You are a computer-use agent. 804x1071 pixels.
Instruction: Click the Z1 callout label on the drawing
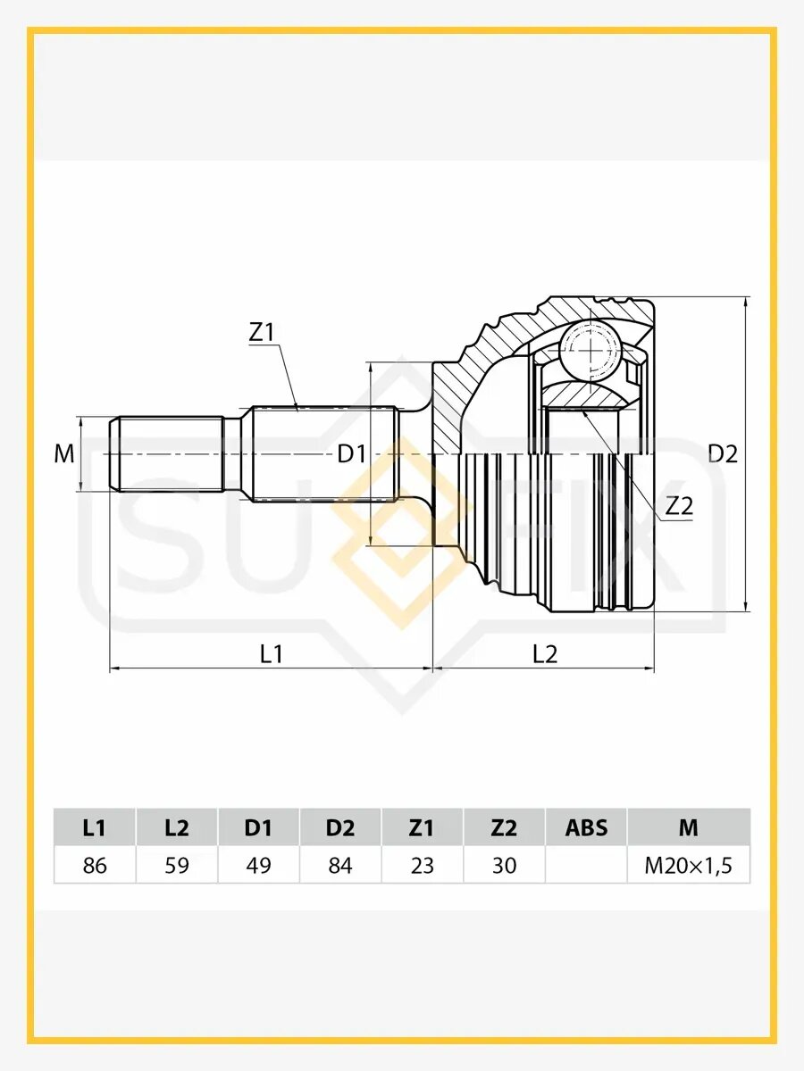[x=262, y=332]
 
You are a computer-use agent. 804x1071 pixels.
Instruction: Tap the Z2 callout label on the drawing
[x=680, y=506]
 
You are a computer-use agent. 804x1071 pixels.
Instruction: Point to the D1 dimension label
[x=351, y=455]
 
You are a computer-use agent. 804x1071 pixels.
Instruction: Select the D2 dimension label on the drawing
[x=723, y=454]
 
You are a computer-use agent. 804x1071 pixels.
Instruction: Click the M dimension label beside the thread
[x=64, y=454]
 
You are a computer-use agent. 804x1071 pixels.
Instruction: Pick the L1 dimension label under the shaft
[x=272, y=654]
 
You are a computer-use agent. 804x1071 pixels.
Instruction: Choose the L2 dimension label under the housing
[x=545, y=654]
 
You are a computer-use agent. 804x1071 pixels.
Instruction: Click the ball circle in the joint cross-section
[x=590, y=350]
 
